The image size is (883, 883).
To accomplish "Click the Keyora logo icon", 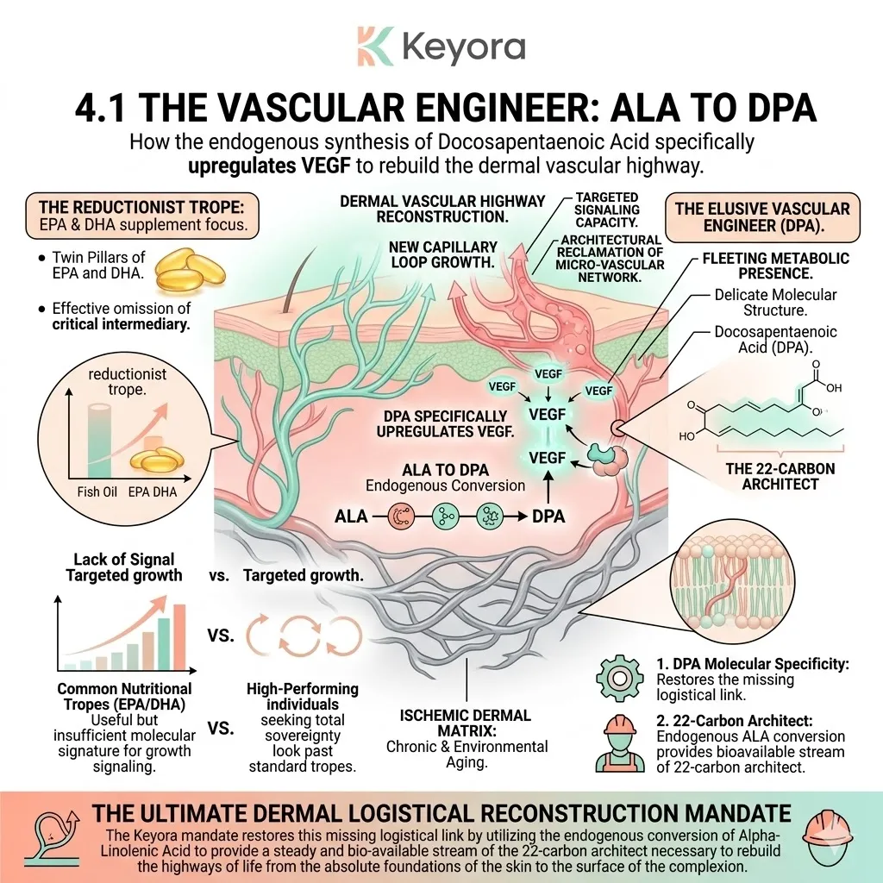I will tap(375, 46).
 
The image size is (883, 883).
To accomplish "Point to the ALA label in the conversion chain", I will tap(351, 517).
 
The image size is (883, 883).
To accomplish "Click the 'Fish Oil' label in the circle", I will tap(86, 493).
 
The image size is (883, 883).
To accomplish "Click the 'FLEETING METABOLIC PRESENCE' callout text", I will tap(774, 266).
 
